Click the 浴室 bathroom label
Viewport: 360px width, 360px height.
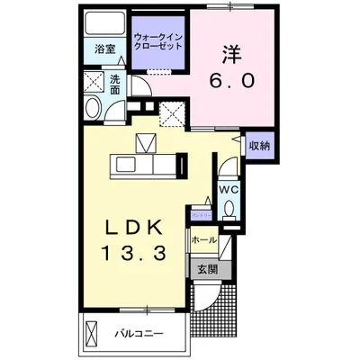coord(106,50)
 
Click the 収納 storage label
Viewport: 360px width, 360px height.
coord(258,144)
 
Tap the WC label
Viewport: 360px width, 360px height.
coord(227,191)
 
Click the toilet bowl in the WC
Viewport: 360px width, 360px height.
coord(229,210)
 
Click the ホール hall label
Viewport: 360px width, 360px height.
coord(203,240)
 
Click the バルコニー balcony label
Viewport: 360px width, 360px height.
coord(138,334)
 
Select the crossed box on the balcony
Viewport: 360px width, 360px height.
coord(91,334)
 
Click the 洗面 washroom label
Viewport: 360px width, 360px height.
coord(115,84)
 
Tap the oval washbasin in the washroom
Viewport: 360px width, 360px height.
coord(91,110)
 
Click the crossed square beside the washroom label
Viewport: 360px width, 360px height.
coord(94,84)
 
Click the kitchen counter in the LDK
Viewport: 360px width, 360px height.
coord(144,165)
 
